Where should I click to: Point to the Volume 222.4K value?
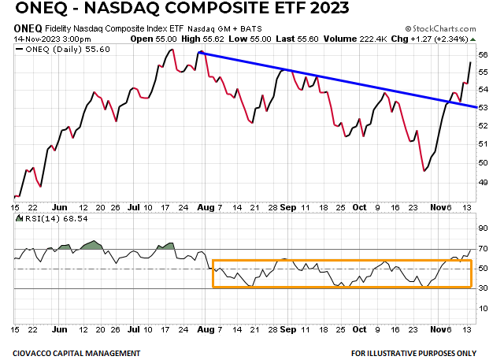tap(363, 37)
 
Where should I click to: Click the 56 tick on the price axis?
tap(481, 54)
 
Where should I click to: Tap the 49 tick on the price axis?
tap(481, 180)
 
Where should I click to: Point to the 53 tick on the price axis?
tap(481, 109)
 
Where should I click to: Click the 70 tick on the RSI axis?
tap(481, 249)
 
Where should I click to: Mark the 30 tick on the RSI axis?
tap(481, 288)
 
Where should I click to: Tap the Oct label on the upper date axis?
tap(359, 208)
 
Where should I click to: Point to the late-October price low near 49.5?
tap(424, 170)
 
